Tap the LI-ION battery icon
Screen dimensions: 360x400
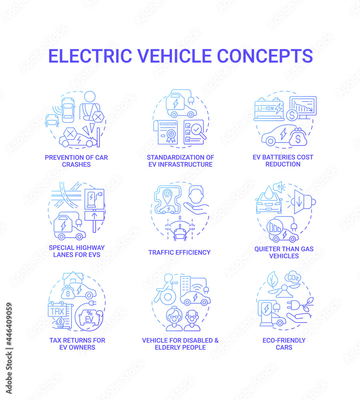pyautogui.click(x=269, y=109)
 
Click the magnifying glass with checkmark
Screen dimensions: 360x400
pyautogui.click(x=198, y=131)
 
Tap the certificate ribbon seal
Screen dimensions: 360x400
pyautogui.click(x=171, y=135)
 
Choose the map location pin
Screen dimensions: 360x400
pyautogui.click(x=167, y=196)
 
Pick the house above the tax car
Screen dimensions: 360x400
pyautogui.click(x=73, y=278)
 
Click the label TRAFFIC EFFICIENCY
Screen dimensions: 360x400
pyautogui.click(x=179, y=252)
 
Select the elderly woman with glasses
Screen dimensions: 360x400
pyautogui.click(x=174, y=319)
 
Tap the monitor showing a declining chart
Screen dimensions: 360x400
pyautogui.click(x=303, y=107)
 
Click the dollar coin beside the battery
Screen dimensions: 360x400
pyautogui.click(x=292, y=115)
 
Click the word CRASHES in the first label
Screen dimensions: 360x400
pyautogui.click(x=76, y=164)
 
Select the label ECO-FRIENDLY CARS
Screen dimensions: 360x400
pyautogui.click(x=284, y=344)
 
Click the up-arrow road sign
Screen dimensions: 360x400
pyautogui.click(x=94, y=216)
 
